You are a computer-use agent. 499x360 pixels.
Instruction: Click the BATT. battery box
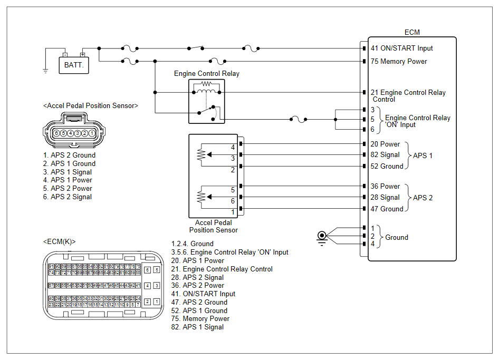[x=74, y=65]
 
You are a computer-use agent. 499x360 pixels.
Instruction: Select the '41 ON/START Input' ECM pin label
[x=401, y=48]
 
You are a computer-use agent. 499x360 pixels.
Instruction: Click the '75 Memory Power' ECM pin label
[x=399, y=61]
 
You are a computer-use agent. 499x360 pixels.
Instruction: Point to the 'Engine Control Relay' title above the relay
[x=207, y=74]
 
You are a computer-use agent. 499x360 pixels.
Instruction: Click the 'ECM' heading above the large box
[x=412, y=32]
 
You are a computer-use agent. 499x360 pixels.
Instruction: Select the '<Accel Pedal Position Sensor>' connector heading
[x=91, y=105]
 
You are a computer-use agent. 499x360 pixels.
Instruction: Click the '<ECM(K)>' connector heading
[x=59, y=241]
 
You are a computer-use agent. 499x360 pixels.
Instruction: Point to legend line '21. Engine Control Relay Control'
[x=222, y=269]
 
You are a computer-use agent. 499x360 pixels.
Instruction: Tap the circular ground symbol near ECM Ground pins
[x=320, y=235]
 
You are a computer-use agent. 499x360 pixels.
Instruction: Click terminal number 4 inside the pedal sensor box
[x=233, y=147]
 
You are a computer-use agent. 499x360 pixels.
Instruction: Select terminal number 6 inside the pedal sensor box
[x=233, y=201]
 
